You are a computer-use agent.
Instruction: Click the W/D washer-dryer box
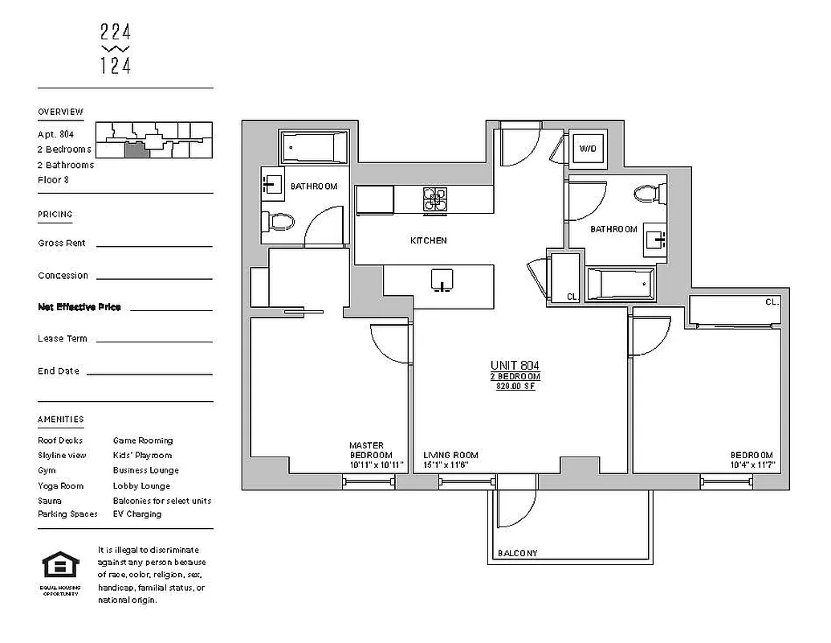pyautogui.click(x=588, y=149)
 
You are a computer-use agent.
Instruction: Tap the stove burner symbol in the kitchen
pyautogui.click(x=435, y=200)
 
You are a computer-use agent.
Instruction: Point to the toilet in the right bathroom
pyautogui.click(x=648, y=194)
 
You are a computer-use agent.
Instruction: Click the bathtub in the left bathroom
pyautogui.click(x=314, y=149)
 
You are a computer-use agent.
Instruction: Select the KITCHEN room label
pyautogui.click(x=429, y=240)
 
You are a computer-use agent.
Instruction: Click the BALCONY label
pyautogui.click(x=517, y=553)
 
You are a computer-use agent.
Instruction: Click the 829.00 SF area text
pyautogui.click(x=515, y=387)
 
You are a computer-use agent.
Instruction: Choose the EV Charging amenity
pyautogui.click(x=137, y=514)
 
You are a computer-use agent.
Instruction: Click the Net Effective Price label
pyautogui.click(x=79, y=307)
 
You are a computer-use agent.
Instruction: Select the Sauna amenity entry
pyautogui.click(x=49, y=500)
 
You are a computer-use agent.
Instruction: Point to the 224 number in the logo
pyautogui.click(x=116, y=33)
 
